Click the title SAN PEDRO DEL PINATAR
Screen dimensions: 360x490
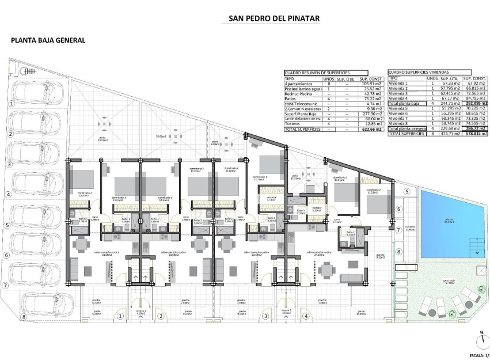tap(266, 18)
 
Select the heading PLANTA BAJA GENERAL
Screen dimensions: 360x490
tap(48, 40)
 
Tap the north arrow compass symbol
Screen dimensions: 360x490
tap(479, 338)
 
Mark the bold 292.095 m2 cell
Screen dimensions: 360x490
tap(475, 103)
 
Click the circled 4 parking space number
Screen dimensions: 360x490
tap(10, 194)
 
